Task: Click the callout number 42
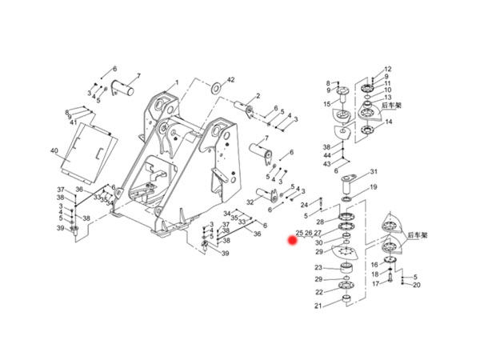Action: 231,80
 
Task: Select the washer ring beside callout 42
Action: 216,85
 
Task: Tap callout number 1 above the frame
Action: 177,82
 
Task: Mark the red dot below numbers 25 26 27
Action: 294,240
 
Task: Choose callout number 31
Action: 374,172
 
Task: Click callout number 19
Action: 374,188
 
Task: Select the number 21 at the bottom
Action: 318,306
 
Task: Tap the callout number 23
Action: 318,268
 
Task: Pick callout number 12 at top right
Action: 388,70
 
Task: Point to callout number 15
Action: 327,104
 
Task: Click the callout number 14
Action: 388,122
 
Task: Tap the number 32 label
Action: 250,202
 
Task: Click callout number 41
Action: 73,122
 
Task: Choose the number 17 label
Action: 374,284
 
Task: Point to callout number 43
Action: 327,164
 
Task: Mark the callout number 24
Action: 304,205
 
